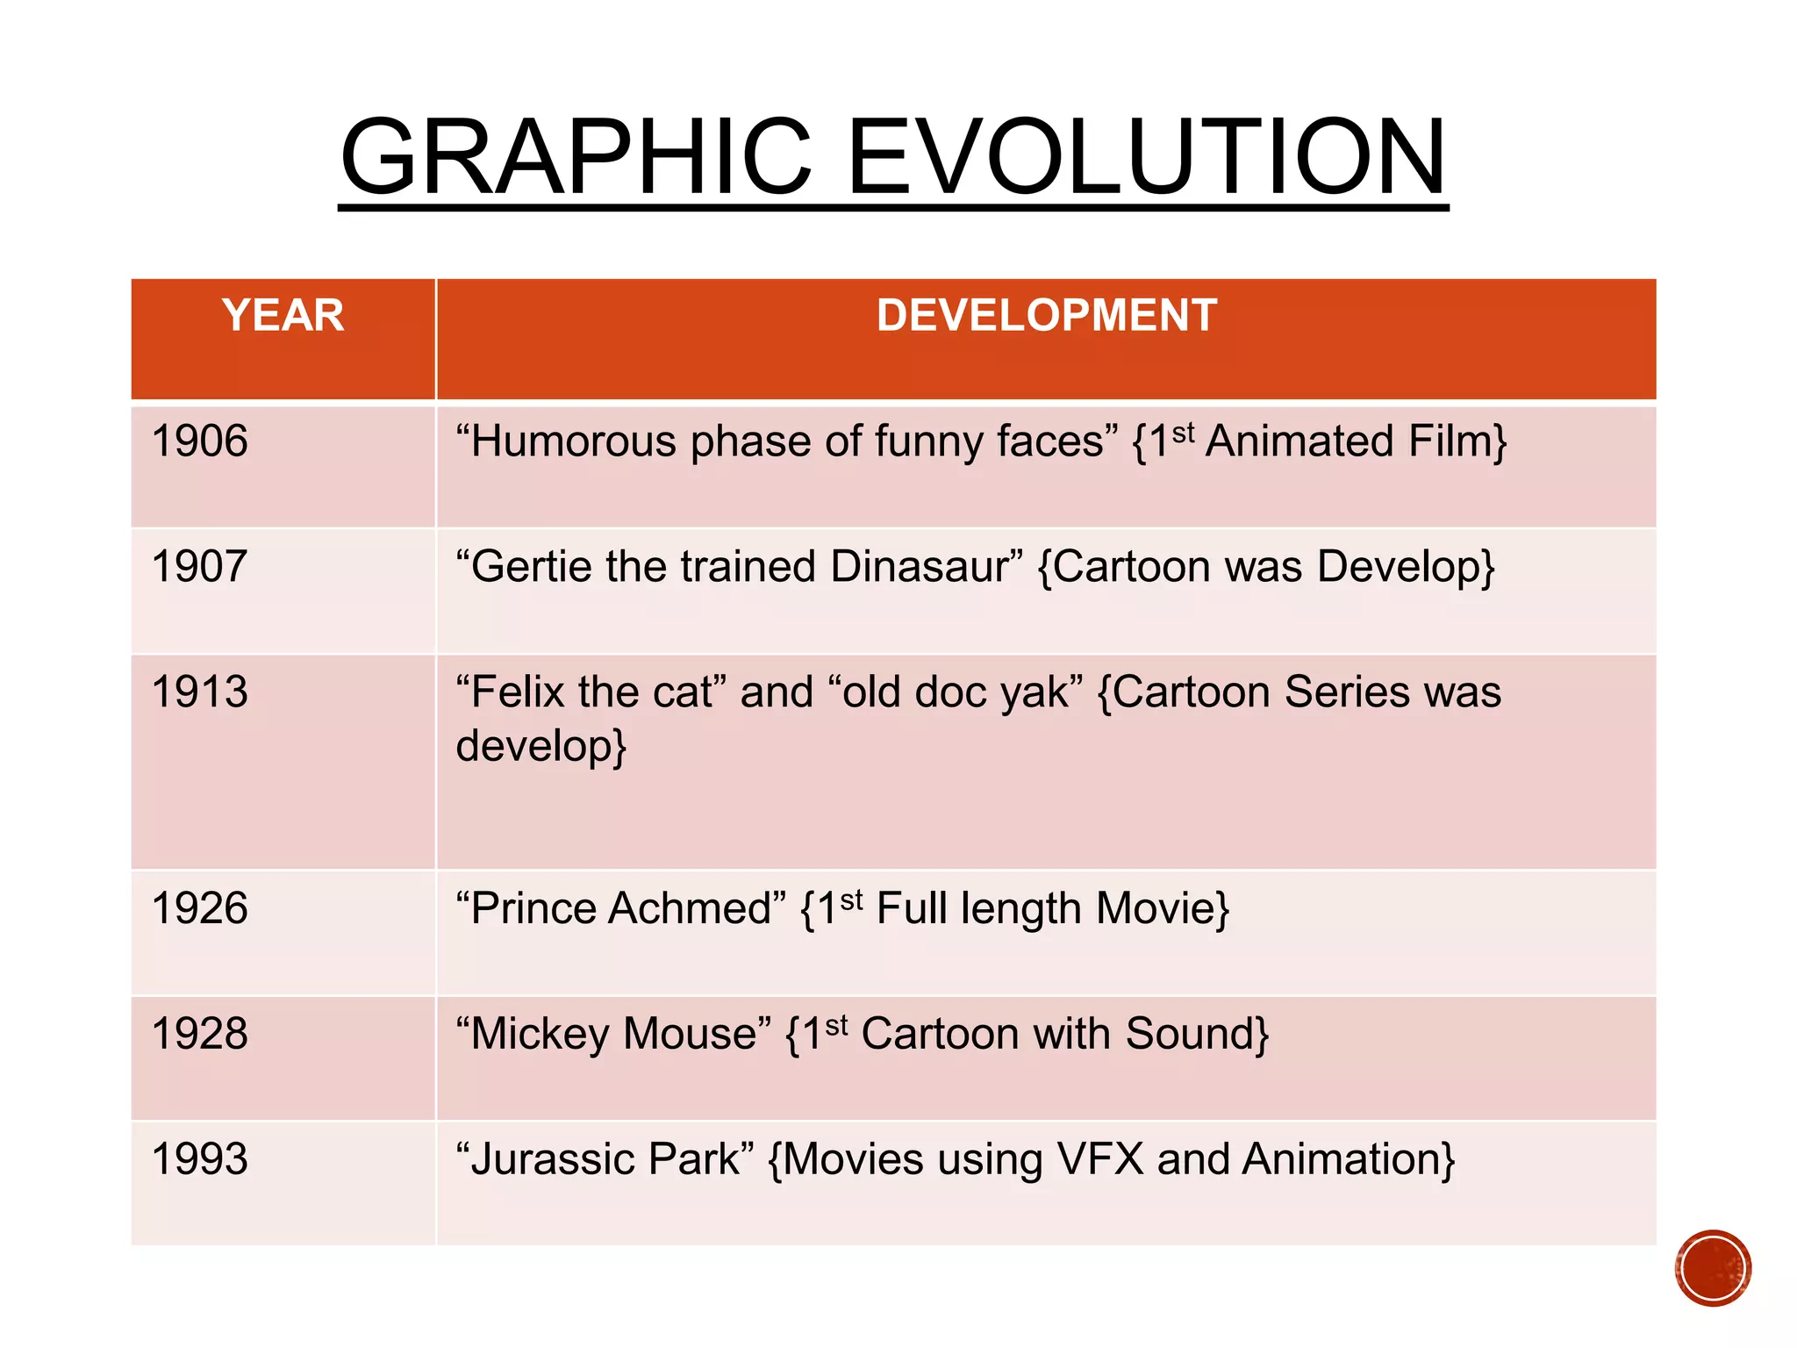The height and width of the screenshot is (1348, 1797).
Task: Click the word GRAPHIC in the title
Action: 576,158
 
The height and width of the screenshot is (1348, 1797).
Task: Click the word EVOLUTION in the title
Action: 1146,158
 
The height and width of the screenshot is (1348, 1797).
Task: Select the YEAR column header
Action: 283,316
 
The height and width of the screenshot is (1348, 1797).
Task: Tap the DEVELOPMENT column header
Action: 1046,316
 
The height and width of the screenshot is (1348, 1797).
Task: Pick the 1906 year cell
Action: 200,441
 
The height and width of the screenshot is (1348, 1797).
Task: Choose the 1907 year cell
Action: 200,567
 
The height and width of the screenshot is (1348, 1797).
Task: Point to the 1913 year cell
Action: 200,692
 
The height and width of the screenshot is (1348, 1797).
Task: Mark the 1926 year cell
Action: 200,908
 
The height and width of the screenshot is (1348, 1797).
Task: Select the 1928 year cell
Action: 200,1034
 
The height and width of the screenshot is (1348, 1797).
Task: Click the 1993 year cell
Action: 200,1159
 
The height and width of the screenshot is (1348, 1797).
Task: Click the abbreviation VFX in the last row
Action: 1100,1159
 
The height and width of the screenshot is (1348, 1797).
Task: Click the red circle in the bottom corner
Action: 1713,1268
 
